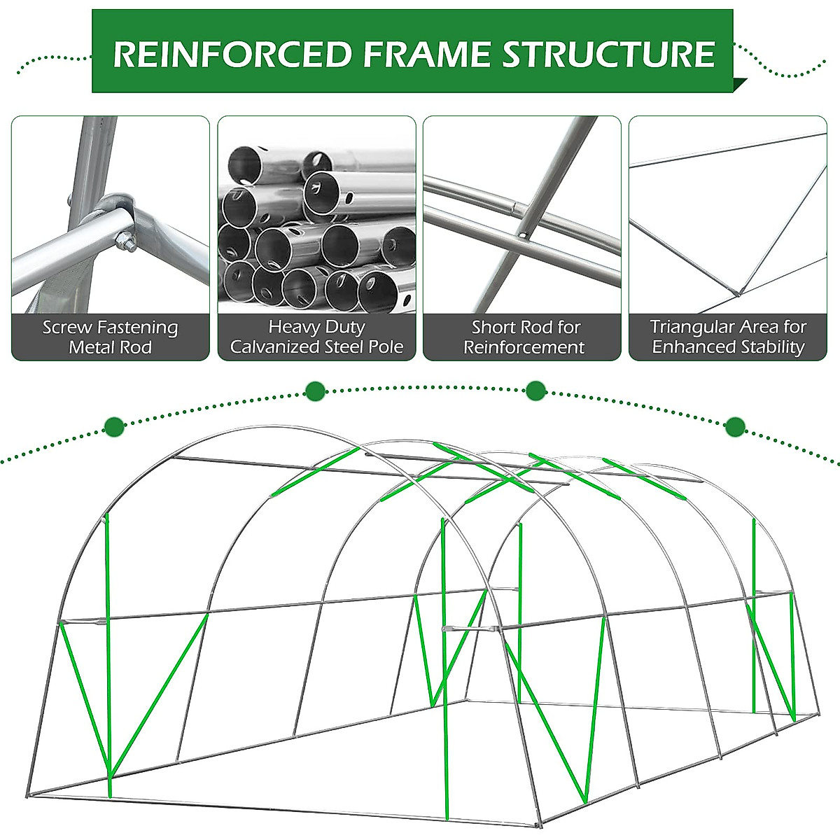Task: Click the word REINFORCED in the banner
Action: (232, 55)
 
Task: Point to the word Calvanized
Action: (273, 347)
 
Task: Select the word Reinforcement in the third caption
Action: (524, 347)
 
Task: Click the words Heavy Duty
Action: (316, 327)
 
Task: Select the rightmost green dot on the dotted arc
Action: (735, 426)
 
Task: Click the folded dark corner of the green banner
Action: (739, 85)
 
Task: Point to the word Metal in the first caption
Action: (90, 347)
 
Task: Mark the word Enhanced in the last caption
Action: (689, 347)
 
